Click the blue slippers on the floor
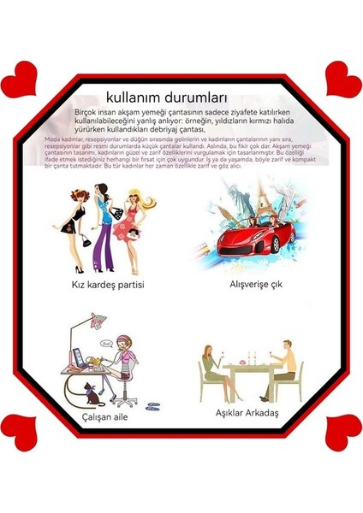click(x=150, y=407)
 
